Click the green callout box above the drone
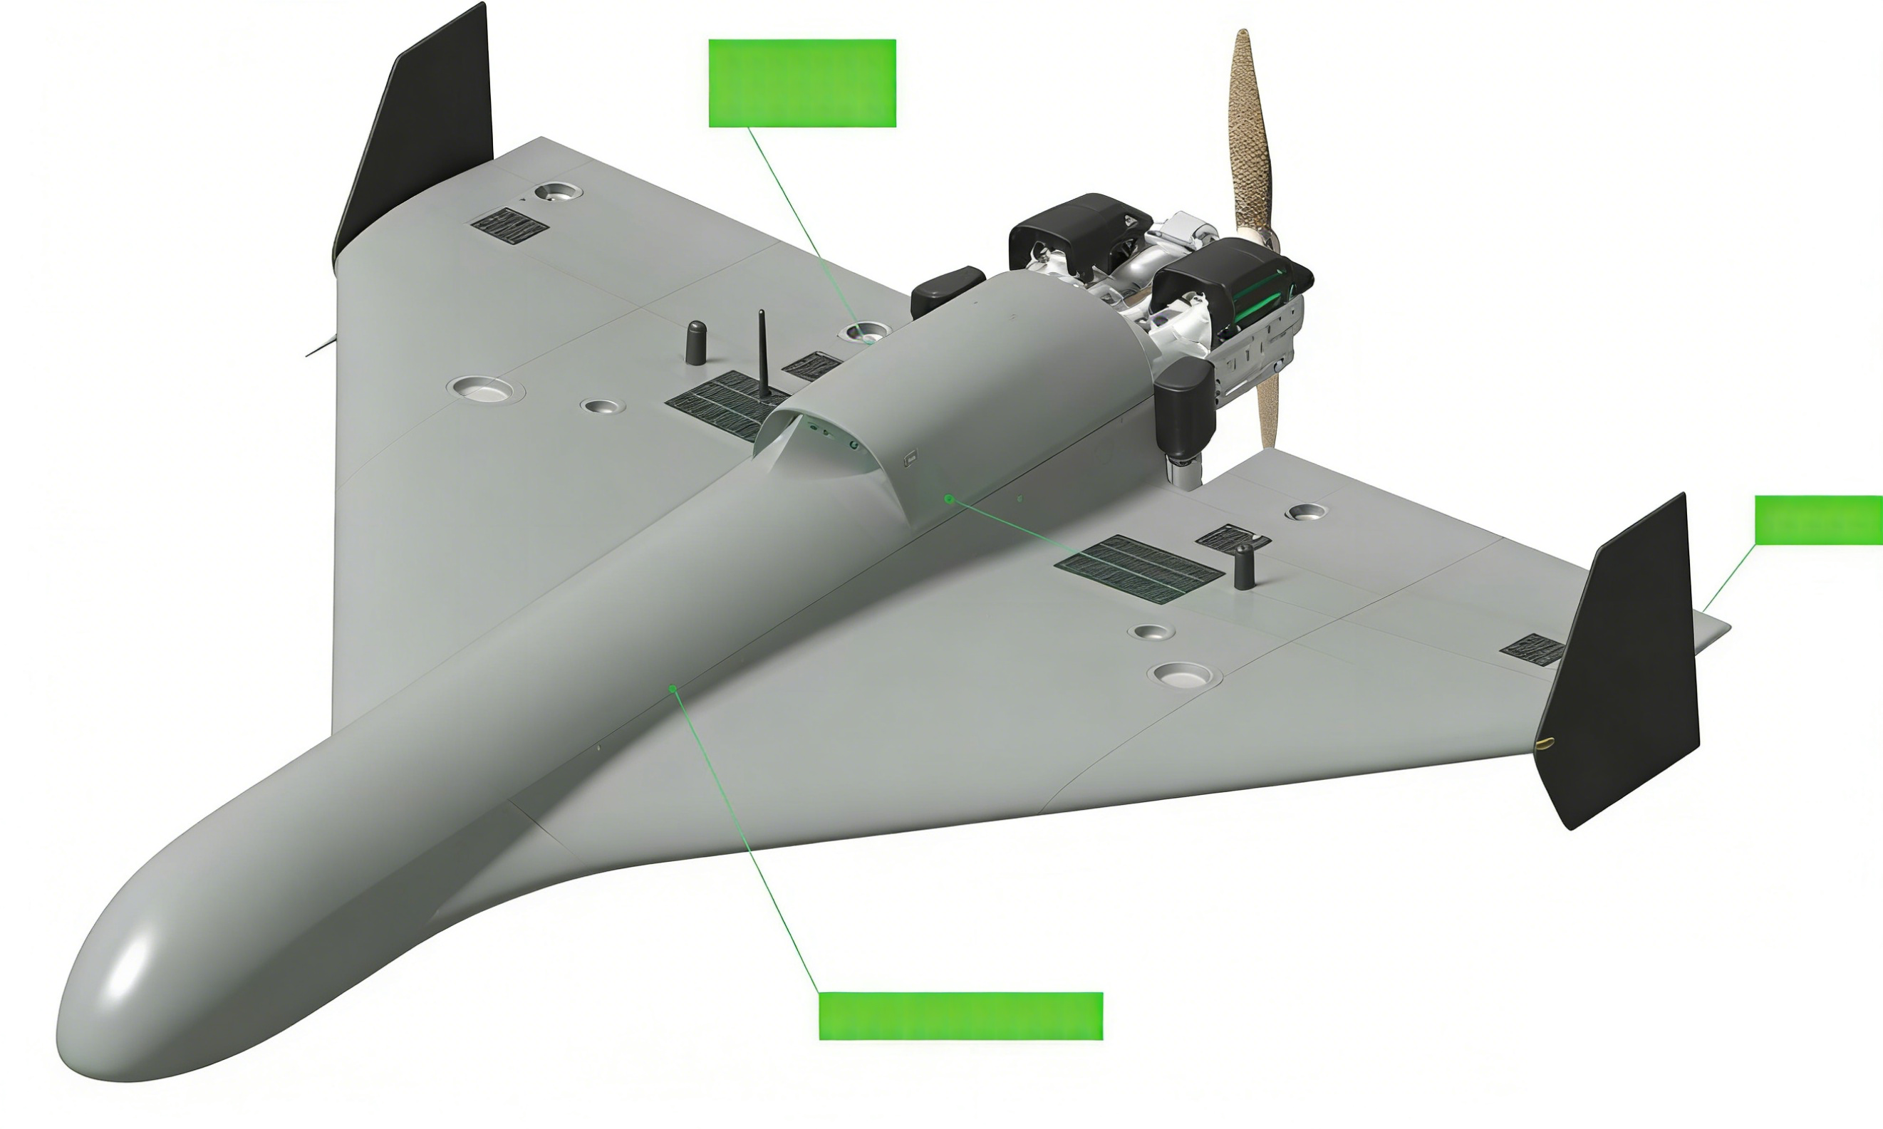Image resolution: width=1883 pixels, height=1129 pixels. pyautogui.click(x=802, y=83)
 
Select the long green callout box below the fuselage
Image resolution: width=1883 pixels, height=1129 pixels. pyautogui.click(x=960, y=1016)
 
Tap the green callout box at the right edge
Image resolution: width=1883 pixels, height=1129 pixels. pyautogui.click(x=1817, y=521)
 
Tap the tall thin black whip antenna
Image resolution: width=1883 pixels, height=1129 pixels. pyautogui.click(x=762, y=354)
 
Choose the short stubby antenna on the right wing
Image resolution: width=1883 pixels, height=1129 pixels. pyautogui.click(x=1243, y=567)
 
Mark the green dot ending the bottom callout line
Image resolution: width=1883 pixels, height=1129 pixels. pyautogui.click(x=673, y=689)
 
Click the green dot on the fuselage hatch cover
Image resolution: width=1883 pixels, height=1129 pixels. pyautogui.click(x=949, y=499)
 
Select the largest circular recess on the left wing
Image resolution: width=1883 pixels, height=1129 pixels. pyautogui.click(x=484, y=389)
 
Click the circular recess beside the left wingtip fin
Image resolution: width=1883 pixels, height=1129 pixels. pyautogui.click(x=558, y=191)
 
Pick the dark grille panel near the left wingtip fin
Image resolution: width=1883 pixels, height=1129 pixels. pyautogui.click(x=509, y=226)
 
